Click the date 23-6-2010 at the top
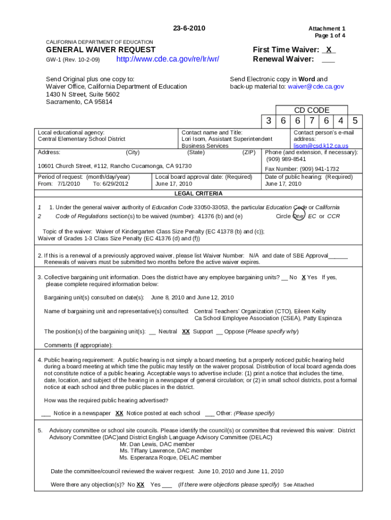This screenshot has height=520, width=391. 189,28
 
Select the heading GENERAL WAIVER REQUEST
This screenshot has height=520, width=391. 101,50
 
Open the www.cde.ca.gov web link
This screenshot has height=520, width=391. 168,59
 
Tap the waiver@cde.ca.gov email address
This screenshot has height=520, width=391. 315,87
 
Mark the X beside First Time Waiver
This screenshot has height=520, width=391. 329,50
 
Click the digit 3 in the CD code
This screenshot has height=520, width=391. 268,121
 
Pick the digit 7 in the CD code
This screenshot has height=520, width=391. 312,121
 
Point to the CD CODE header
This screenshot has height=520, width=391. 311,110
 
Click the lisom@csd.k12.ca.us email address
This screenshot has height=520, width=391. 321,146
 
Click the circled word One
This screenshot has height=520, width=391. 299,216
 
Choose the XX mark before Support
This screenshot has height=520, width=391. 186,332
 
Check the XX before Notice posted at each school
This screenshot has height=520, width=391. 119,413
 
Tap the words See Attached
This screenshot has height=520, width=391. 298,485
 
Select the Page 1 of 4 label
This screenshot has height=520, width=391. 330,36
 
